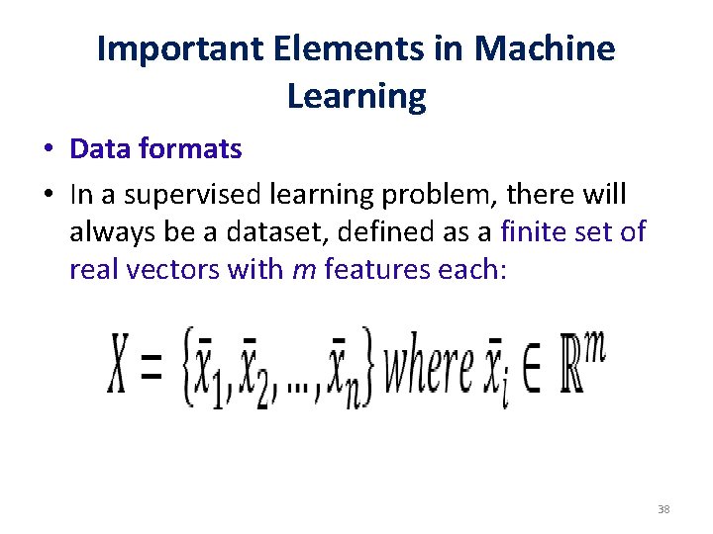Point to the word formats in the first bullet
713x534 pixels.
(192, 149)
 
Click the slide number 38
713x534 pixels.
(663, 510)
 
